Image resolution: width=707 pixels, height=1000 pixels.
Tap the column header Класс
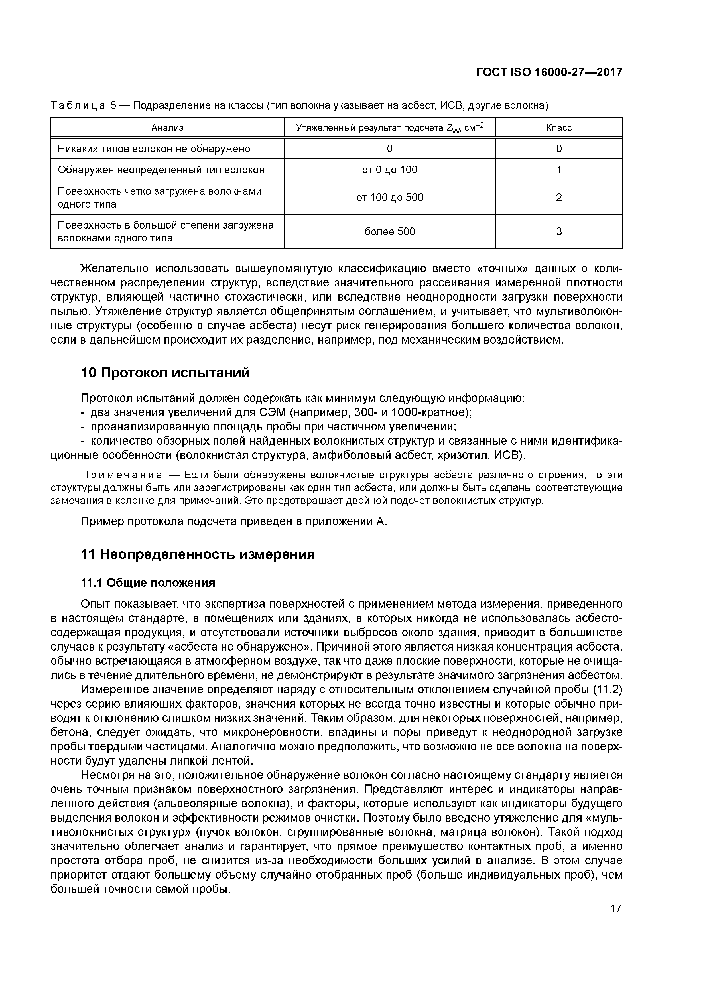(558, 128)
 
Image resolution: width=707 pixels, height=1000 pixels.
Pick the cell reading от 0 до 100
(389, 170)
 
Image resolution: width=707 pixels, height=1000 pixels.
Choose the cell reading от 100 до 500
(389, 197)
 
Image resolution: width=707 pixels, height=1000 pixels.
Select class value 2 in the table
(558, 197)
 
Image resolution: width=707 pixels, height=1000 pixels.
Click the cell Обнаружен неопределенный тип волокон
(161, 170)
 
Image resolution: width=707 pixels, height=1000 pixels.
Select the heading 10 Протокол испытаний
(166, 373)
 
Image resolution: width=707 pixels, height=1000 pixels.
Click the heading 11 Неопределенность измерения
(198, 554)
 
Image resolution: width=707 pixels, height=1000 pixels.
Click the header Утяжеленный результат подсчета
(370, 128)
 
